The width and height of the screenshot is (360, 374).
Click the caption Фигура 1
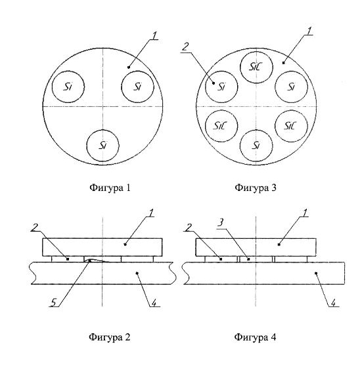[x=110, y=188]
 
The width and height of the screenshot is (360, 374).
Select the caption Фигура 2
[x=110, y=337]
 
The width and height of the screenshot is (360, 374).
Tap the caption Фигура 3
[x=256, y=188]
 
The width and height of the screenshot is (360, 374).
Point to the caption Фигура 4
[x=255, y=337]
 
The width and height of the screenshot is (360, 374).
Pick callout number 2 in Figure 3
[x=185, y=47]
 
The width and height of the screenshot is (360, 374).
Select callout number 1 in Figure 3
[x=309, y=31]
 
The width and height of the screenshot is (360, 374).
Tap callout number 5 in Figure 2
[x=53, y=302]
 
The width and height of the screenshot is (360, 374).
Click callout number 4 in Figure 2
[x=154, y=303]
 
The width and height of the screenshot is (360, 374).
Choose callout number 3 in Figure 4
[x=221, y=223]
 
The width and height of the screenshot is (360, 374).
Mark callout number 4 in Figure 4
[x=333, y=303]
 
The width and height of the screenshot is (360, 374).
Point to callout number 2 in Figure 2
[x=35, y=227]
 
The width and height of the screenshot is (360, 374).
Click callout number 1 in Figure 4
[x=305, y=213]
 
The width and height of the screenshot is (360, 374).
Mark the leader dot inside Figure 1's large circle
[x=129, y=68]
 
